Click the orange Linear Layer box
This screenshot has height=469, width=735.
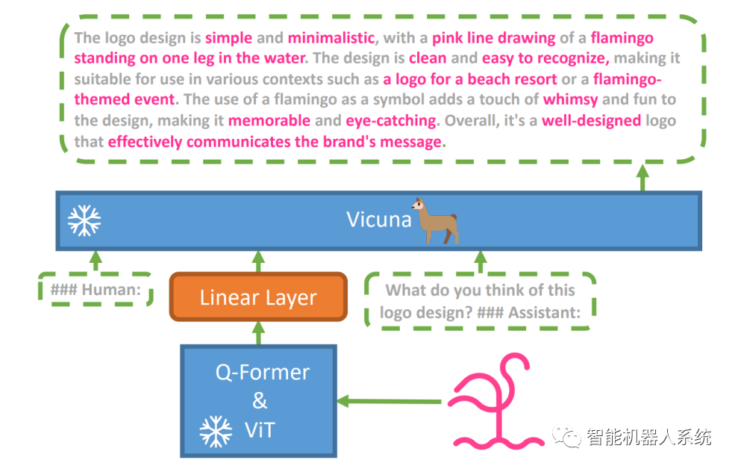[x=258, y=297]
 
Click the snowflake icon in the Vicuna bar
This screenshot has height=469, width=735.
[x=84, y=220]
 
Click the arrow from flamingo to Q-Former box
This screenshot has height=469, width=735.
[x=389, y=402]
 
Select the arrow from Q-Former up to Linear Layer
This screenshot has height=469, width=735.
[x=258, y=333]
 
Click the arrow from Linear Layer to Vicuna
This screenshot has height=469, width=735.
[x=258, y=261]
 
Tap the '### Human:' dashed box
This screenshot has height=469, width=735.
[x=96, y=289]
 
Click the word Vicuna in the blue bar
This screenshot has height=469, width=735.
[x=378, y=220]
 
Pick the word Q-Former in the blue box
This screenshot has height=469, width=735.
[x=262, y=372]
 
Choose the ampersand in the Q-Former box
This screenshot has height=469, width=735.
[x=259, y=401]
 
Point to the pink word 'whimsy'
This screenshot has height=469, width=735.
[x=570, y=99]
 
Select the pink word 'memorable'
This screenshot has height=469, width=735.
[x=269, y=119]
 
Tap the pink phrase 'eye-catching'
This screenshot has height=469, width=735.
[x=391, y=119]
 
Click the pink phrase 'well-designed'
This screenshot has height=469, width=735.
[x=592, y=119]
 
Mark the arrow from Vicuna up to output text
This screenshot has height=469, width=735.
[x=642, y=178]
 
